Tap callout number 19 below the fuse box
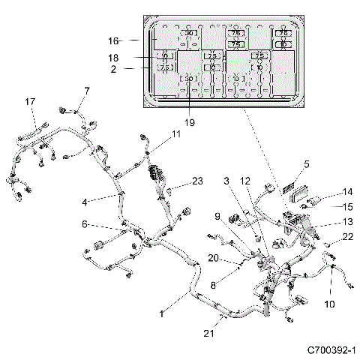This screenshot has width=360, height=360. click(x=190, y=121)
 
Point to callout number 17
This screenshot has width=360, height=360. click(x=30, y=102)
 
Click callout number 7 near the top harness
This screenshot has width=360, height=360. click(x=85, y=91)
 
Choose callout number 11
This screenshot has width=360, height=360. click(x=175, y=133)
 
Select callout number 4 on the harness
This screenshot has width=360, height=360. click(x=85, y=201)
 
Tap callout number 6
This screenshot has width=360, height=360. click(x=85, y=223)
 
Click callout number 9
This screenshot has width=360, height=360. click(x=217, y=217)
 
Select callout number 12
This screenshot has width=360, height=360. click(x=244, y=181)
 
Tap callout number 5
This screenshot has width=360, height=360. click(x=306, y=163)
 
